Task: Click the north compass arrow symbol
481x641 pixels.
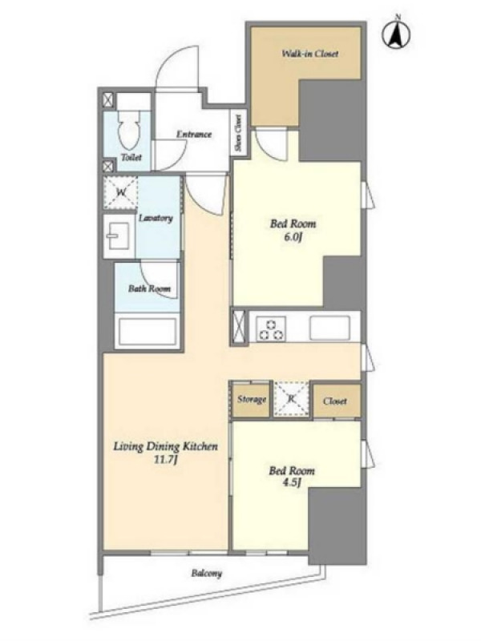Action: (396, 34)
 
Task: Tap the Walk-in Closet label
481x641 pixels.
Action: (309, 54)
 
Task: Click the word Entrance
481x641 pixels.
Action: (194, 134)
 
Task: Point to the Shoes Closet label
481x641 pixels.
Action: (238, 132)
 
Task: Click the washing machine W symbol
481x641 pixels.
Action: (121, 192)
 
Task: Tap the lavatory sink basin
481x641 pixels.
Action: (118, 236)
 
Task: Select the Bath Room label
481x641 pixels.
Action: (149, 288)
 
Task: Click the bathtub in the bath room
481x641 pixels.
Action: (147, 331)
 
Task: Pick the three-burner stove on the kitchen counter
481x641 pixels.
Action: (270, 329)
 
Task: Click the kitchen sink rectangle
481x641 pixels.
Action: (329, 328)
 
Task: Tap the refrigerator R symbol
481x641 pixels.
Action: (291, 398)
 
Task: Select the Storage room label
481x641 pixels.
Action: (252, 399)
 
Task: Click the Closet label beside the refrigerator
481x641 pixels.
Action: (335, 401)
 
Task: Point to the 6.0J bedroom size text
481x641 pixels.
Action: (293, 237)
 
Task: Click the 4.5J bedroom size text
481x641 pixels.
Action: (292, 483)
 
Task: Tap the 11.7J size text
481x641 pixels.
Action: (165, 460)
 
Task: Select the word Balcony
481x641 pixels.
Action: (207, 574)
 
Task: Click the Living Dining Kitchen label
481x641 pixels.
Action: (165, 446)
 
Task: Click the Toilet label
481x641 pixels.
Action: (131, 157)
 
